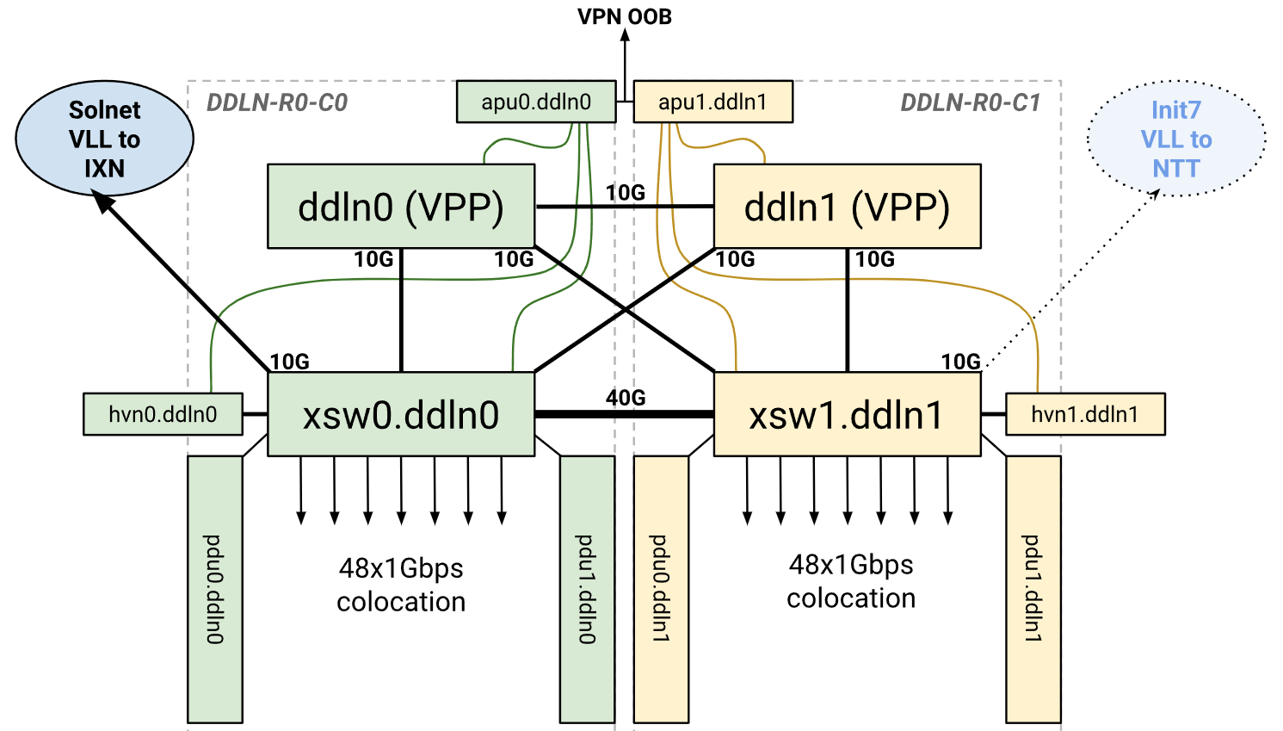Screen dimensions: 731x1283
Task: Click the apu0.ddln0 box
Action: click(x=536, y=102)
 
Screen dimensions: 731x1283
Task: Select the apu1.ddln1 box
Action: click(x=712, y=102)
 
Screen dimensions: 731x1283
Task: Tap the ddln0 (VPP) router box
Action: click(x=401, y=207)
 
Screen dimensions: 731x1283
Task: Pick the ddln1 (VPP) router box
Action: click(x=847, y=207)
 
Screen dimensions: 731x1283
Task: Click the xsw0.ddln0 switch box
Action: click(x=401, y=414)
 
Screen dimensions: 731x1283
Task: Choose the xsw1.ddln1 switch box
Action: click(x=847, y=414)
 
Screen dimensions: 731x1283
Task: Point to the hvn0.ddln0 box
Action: click(x=163, y=414)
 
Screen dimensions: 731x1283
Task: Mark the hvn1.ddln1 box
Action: click(x=1085, y=414)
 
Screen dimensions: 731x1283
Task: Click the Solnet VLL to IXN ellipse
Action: click(x=104, y=139)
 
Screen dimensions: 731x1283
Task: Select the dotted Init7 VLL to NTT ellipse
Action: click(x=1175, y=139)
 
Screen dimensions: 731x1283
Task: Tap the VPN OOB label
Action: click(x=625, y=16)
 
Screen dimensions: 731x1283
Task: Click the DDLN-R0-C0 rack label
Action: click(x=277, y=103)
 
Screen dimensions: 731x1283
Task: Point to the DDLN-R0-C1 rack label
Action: click(x=970, y=103)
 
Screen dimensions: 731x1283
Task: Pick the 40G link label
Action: click(x=626, y=398)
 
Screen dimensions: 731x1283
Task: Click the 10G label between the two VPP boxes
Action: click(x=626, y=193)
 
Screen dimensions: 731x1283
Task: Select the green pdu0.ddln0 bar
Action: click(x=214, y=589)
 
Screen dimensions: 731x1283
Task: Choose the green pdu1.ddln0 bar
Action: click(x=587, y=589)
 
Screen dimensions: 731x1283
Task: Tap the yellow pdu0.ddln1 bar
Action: click(x=661, y=589)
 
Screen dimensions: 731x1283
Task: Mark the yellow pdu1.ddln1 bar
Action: click(x=1033, y=589)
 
